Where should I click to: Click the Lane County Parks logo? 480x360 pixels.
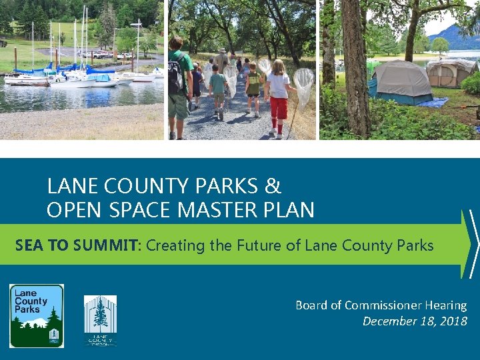[37, 315]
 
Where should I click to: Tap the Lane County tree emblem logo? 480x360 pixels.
[100, 320]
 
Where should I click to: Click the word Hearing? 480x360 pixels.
[446, 305]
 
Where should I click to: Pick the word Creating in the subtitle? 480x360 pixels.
[175, 245]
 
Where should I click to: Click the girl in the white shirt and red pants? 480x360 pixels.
[278, 97]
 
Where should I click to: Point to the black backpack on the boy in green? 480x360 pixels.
[175, 77]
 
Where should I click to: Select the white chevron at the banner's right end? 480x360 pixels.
[472, 243]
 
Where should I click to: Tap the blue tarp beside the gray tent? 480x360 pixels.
[434, 102]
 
